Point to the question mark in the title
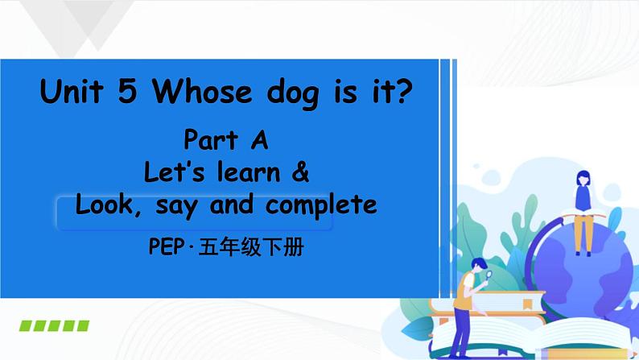[x=405, y=93]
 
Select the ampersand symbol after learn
[x=302, y=172]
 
